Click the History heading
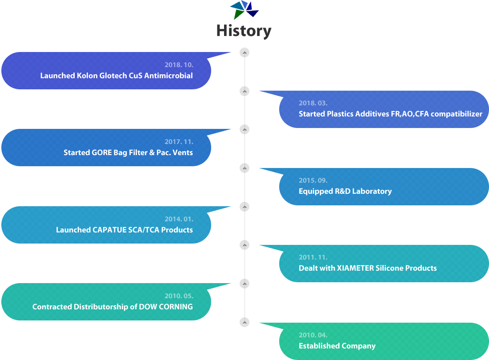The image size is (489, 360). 244,31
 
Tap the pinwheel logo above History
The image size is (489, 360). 244,10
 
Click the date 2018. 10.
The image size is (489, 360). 179,65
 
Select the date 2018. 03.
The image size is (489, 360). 313,103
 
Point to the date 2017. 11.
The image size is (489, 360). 179,142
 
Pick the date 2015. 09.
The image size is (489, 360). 313,180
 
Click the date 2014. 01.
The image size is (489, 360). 179,219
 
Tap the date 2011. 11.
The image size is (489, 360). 313,257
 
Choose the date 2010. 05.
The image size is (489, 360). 179,296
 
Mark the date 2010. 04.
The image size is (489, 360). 313,335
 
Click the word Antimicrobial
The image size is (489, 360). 168,76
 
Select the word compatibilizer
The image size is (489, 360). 457,114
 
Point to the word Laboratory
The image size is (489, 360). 372,192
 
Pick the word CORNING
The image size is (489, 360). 176,307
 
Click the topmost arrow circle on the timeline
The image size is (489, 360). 244,53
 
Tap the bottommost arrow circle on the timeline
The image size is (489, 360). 244,322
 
